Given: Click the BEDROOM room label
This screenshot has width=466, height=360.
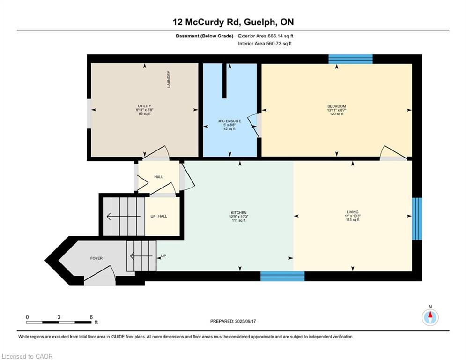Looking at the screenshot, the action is pyautogui.click(x=336, y=106).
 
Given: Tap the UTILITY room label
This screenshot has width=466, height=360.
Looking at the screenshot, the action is pyautogui.click(x=144, y=106).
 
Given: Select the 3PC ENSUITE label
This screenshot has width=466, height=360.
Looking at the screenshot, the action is pyautogui.click(x=229, y=121).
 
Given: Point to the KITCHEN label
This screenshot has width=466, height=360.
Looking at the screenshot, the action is pyautogui.click(x=239, y=213).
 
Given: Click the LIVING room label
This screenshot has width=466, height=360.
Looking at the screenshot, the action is pyautogui.click(x=353, y=212).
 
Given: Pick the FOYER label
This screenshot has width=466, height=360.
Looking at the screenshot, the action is pyautogui.click(x=96, y=258).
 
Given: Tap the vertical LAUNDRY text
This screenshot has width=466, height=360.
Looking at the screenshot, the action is pyautogui.click(x=169, y=79).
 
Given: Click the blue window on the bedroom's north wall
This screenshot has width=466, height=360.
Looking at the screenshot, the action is pyautogui.click(x=350, y=59).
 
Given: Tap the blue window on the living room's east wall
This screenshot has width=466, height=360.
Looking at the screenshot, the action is pyautogui.click(x=417, y=219).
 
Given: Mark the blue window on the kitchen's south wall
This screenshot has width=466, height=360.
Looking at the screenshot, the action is pyautogui.click(x=282, y=276).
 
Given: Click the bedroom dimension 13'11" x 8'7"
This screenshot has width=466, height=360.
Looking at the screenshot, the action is pyautogui.click(x=336, y=110).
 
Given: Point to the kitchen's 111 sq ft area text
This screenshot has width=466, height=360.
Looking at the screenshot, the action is pyautogui.click(x=239, y=220).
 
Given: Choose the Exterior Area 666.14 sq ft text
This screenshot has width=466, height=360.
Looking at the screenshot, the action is pyautogui.click(x=266, y=36).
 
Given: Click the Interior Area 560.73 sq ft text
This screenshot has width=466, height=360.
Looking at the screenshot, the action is pyautogui.click(x=265, y=44).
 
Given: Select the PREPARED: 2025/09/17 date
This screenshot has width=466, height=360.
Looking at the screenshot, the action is pyautogui.click(x=233, y=321).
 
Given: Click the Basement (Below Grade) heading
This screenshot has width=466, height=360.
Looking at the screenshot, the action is pyautogui.click(x=205, y=36).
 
